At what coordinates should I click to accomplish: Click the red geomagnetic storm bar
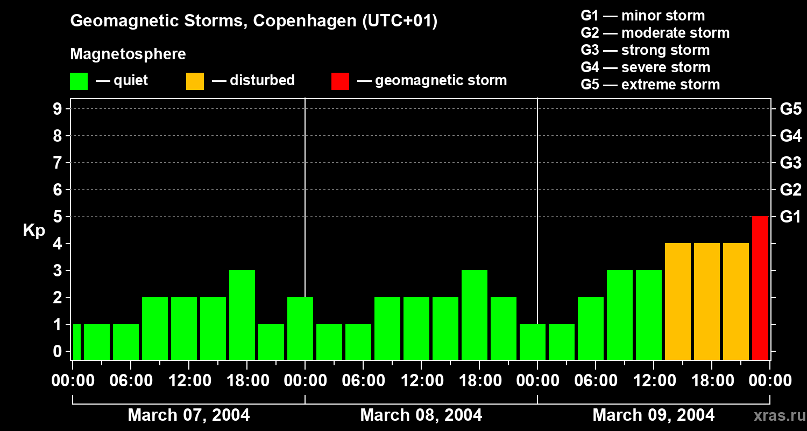point(760,288)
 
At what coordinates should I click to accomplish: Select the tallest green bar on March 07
point(242,315)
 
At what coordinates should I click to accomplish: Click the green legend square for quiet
point(79,81)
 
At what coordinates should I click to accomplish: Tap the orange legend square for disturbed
point(195,81)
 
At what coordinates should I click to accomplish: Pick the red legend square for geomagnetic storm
point(340,81)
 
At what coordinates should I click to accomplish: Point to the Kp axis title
point(34,230)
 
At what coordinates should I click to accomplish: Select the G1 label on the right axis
point(790,217)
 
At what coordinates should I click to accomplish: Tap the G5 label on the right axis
point(790,109)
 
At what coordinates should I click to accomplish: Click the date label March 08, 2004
point(421,415)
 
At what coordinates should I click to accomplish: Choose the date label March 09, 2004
point(653,415)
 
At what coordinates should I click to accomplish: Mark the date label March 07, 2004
point(188,415)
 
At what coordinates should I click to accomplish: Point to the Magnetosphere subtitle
point(128,54)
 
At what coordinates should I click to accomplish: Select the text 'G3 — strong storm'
point(645,50)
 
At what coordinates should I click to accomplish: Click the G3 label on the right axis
point(790,163)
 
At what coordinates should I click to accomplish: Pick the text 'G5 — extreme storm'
point(650,85)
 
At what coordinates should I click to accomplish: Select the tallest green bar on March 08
point(475,315)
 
